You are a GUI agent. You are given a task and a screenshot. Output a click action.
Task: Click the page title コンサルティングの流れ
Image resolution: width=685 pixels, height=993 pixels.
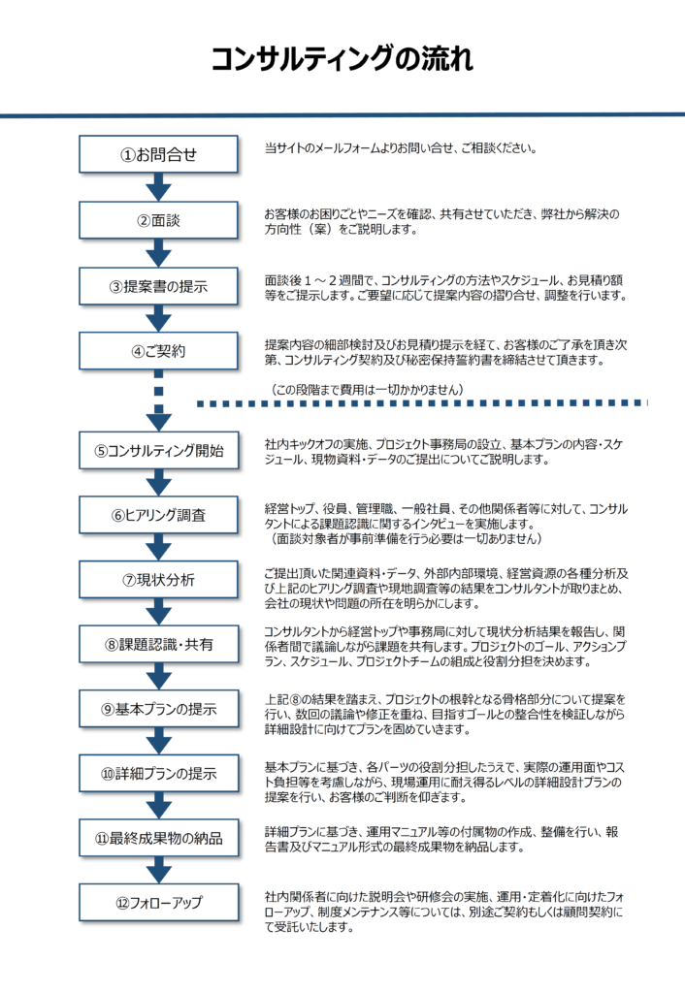[342, 59]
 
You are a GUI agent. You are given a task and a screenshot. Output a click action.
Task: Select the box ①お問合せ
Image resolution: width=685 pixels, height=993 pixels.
[158, 154]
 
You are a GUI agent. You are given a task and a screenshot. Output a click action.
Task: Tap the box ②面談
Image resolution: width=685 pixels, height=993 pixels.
[158, 220]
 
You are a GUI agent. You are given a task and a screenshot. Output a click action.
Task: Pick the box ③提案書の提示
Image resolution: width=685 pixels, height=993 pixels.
[158, 286]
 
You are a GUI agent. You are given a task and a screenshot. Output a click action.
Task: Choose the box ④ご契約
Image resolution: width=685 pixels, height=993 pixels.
[158, 351]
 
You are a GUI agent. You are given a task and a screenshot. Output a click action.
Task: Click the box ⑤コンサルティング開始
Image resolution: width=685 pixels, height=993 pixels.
[158, 450]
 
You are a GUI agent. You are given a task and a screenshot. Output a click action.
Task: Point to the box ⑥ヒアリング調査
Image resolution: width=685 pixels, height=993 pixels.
[158, 515]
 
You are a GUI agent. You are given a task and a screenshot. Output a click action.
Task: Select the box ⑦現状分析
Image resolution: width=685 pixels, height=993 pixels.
[158, 580]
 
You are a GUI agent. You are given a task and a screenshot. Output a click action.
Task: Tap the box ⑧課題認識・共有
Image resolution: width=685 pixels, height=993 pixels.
[158, 644]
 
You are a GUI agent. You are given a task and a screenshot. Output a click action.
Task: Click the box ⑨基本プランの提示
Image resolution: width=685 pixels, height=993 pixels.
[158, 709]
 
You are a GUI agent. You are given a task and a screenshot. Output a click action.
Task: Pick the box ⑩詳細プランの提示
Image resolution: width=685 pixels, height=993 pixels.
[158, 773]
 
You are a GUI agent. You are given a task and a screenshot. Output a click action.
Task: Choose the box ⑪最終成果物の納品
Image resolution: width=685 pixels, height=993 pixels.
[158, 838]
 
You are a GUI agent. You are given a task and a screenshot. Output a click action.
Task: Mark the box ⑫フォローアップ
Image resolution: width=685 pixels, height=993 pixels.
[158, 903]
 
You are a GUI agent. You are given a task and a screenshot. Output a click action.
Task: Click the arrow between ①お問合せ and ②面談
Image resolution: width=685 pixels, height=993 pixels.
[158, 187]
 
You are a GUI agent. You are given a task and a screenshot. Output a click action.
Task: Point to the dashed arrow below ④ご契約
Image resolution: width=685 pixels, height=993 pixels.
[158, 400]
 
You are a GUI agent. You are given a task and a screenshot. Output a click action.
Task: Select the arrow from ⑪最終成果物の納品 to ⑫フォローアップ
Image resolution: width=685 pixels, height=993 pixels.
[158, 870]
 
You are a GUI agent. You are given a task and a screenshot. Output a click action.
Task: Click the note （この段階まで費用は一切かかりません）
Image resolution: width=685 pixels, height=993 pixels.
[368, 390]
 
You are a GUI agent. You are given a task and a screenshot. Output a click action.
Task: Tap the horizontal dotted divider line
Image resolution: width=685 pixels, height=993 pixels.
[422, 402]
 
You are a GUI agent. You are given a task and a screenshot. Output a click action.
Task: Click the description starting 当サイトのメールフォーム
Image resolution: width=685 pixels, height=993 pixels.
[401, 148]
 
